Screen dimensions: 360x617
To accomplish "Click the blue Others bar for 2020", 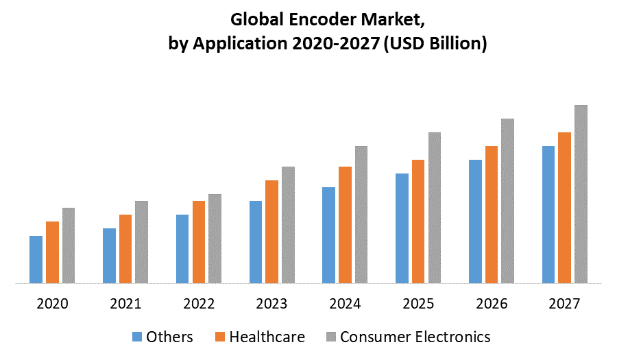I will pos(36,259).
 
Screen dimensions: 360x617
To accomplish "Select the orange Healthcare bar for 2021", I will pos(125,248).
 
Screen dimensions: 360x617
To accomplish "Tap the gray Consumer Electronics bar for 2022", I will pos(215,238).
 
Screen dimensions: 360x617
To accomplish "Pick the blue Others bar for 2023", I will pos(255,241).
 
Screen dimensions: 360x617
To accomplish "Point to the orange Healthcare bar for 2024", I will pos(345,224).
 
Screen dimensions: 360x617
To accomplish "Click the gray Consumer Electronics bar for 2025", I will pos(435,207).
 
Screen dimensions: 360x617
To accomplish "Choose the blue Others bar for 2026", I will pos(475,221).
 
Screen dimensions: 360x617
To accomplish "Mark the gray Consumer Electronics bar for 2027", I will pos(581,193).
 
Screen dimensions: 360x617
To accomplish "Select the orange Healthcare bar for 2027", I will pos(564,207).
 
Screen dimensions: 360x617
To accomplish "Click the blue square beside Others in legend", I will pos(136,337).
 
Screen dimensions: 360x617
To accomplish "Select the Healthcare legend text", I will pos(267,337).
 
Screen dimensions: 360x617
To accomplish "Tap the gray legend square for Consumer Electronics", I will pos(330,337).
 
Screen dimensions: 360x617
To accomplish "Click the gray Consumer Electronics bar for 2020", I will pos(68,245).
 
